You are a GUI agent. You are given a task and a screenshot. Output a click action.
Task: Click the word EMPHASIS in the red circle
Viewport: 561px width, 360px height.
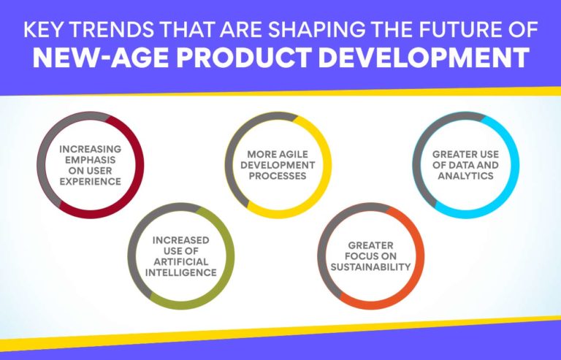90,159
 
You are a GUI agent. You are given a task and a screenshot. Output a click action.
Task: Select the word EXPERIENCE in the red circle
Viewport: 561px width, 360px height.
90,181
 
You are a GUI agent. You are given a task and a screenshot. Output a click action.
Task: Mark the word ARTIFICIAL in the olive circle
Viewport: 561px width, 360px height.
180,261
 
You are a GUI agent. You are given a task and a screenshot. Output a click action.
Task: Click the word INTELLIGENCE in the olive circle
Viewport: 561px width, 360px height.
180,272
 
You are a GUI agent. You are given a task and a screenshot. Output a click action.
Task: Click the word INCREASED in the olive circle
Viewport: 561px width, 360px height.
180,240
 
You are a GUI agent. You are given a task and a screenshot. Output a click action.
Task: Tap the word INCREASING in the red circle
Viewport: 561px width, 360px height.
90,148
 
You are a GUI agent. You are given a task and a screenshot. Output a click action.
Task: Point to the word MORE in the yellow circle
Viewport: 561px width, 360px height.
259,155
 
